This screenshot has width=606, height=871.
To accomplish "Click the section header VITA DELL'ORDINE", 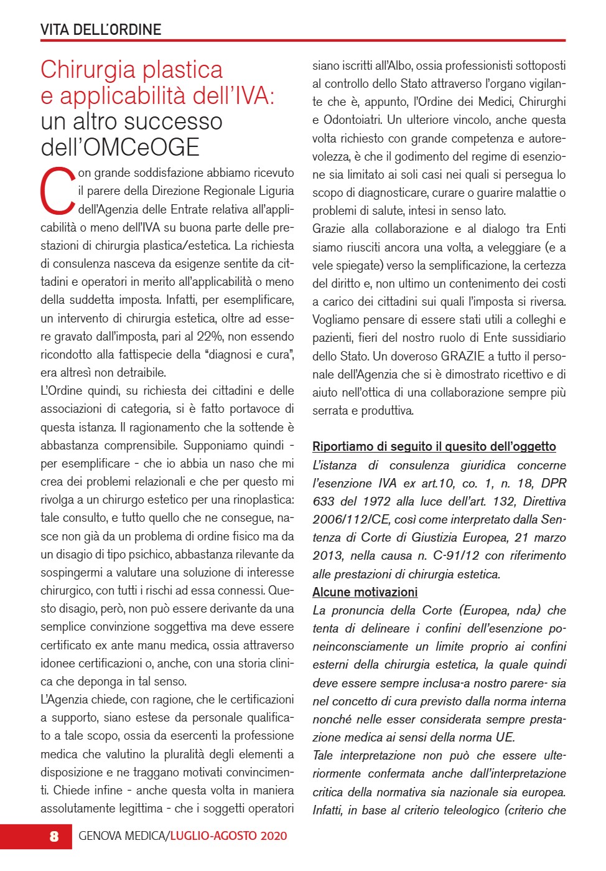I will (x=101, y=30).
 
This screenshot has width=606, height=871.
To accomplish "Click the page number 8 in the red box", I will (x=54, y=836).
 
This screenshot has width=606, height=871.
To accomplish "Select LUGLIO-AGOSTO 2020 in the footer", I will (x=229, y=836).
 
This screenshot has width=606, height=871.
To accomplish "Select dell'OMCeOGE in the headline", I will (x=120, y=148).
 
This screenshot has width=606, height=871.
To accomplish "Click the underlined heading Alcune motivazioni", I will (x=365, y=592).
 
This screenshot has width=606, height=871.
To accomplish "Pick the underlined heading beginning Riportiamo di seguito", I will (x=434, y=446).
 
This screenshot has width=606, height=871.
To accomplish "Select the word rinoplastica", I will (x=257, y=500).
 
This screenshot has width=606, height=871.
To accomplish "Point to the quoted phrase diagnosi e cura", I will (x=248, y=355).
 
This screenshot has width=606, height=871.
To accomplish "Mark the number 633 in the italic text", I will (x=324, y=502).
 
